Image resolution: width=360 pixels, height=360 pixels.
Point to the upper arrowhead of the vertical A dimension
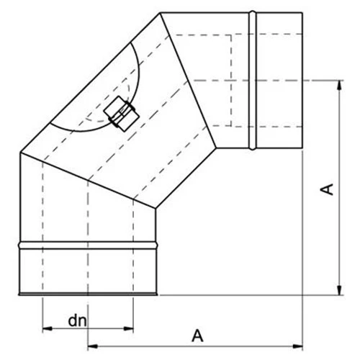pos(338,84)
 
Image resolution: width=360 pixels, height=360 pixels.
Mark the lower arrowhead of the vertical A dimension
pos(338,291)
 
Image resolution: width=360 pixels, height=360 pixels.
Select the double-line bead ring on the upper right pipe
pos(252,80)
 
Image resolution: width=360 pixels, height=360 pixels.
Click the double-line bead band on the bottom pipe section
pos(87,246)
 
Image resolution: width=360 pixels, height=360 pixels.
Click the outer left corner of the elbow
pos(19,153)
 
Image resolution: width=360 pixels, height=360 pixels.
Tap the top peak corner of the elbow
pos(160,12)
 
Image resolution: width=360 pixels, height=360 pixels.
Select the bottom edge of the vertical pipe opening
pos(87,294)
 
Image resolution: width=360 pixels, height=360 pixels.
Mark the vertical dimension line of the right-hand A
pos(338,216)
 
